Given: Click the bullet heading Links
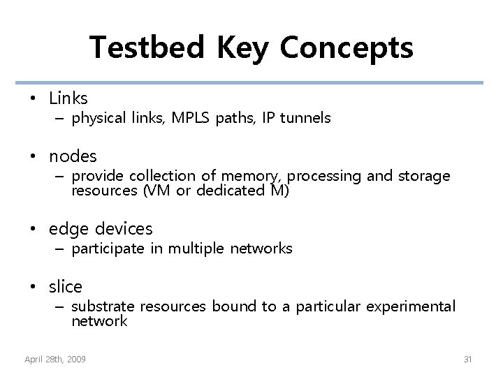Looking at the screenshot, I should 68,98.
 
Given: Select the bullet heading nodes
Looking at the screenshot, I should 73,156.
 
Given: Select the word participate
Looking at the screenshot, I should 108,249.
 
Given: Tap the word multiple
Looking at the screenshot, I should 195,249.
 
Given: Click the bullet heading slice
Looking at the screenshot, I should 66,286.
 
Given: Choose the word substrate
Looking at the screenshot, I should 103,306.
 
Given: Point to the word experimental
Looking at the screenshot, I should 412,306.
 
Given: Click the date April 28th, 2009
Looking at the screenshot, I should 55,359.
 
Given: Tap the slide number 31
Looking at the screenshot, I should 468,359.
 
